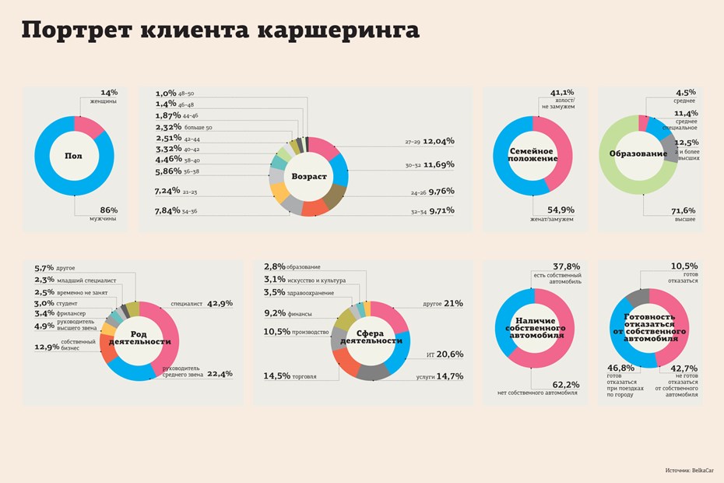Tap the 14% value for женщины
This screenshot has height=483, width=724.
point(108,92)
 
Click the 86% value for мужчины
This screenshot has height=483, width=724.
point(108,210)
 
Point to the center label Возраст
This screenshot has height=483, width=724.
point(309,176)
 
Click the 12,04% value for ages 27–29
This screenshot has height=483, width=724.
point(439,142)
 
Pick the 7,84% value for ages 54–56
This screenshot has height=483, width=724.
point(167,210)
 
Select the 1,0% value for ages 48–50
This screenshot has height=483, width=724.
point(165,93)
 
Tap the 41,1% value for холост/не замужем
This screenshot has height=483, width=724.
point(562,92)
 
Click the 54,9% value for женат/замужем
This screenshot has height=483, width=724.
point(561,210)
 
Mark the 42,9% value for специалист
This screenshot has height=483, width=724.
point(220,304)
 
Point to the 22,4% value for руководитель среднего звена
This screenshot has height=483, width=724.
point(220,374)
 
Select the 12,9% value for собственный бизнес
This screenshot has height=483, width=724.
point(47,347)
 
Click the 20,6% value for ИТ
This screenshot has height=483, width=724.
point(450,354)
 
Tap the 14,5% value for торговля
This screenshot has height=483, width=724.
point(276,375)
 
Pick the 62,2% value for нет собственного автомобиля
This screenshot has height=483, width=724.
point(566,384)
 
